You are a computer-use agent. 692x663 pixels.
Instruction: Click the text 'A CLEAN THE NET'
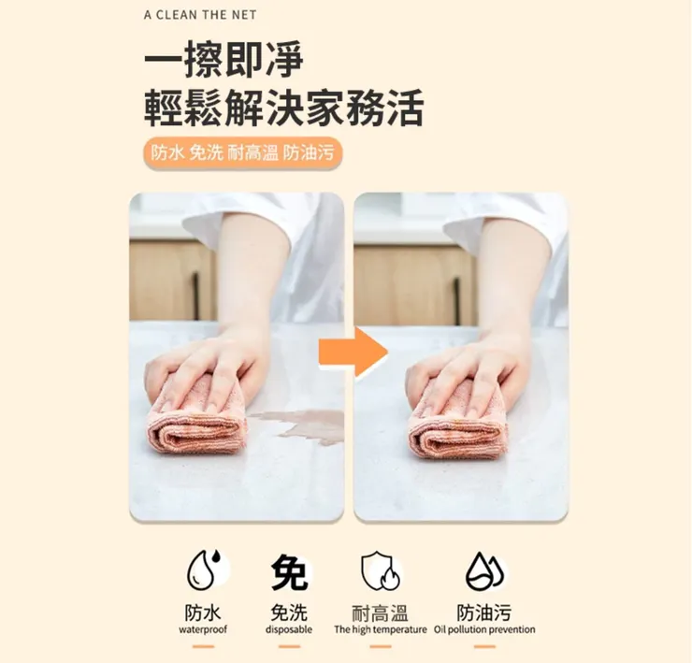(x=200, y=15)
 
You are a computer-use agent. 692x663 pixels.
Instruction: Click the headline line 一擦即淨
(x=224, y=61)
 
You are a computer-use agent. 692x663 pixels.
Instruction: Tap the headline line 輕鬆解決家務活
(x=283, y=108)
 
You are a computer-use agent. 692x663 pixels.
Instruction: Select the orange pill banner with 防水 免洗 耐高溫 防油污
(x=242, y=152)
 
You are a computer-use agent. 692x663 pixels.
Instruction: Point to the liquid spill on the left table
(x=297, y=425)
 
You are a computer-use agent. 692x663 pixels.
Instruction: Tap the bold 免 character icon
(x=289, y=570)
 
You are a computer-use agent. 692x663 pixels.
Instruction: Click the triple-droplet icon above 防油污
(x=484, y=569)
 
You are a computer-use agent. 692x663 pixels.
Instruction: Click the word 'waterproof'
(x=203, y=630)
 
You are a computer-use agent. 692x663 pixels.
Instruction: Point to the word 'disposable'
(x=288, y=630)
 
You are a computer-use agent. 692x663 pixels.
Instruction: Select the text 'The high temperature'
(x=380, y=630)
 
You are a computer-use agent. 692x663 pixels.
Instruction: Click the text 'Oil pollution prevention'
(x=484, y=630)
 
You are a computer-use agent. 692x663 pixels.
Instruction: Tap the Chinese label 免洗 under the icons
(x=288, y=613)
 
